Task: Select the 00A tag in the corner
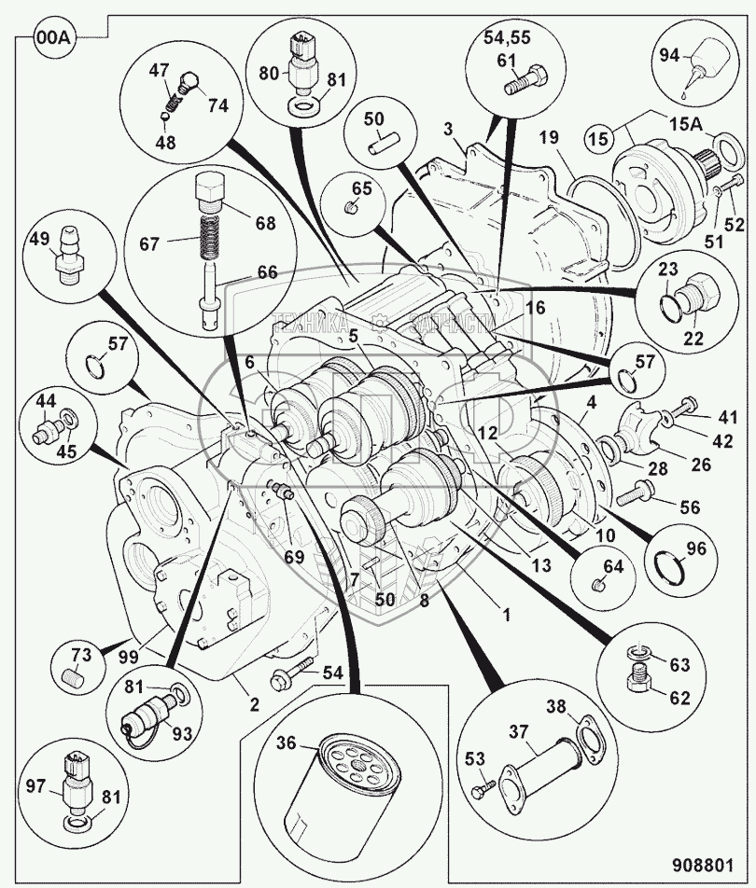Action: click(51, 39)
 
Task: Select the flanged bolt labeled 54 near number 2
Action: click(287, 677)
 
